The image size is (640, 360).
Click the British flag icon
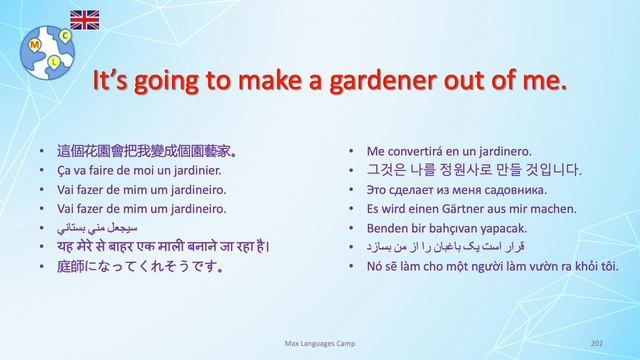pos(84,18)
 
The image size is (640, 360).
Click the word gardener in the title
pos(376,80)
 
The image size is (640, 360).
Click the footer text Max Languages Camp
pos(320,343)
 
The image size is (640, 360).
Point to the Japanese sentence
pos(141,266)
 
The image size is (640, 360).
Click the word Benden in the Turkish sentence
pos(387,228)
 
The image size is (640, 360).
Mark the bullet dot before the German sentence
pos(352,209)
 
